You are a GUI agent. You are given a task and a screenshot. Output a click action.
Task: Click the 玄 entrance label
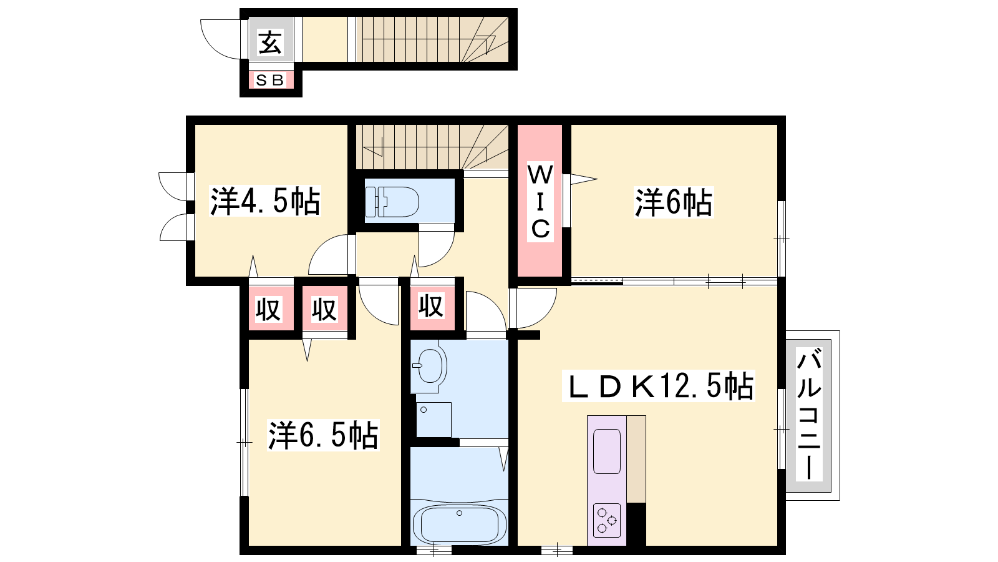tap(271, 42)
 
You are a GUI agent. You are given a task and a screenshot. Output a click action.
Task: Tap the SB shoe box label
tap(271, 81)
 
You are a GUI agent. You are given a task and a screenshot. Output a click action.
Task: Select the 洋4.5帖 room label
tap(265, 202)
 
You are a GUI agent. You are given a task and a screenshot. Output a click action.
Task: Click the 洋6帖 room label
tap(674, 202)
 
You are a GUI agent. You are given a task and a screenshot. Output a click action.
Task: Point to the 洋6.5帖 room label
tap(323, 435)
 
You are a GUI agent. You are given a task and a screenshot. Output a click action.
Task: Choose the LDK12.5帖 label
tap(659, 386)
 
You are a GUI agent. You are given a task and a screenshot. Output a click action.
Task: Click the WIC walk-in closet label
tap(540, 202)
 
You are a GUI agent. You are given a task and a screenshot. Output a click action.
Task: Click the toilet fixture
tap(392, 202)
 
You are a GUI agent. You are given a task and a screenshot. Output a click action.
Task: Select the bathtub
tap(459, 525)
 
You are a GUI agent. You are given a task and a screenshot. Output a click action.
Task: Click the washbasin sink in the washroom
tap(430, 366)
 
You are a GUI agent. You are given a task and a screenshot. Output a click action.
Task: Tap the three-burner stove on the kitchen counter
tap(607, 520)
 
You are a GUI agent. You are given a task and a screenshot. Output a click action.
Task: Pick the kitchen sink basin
tap(607, 451)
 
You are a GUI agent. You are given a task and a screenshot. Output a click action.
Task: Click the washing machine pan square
tap(434, 420)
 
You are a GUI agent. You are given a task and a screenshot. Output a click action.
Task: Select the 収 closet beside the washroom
tap(431, 306)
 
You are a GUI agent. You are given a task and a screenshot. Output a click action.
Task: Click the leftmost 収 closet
tap(269, 308)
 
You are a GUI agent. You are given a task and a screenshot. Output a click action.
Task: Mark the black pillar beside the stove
tap(636, 524)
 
